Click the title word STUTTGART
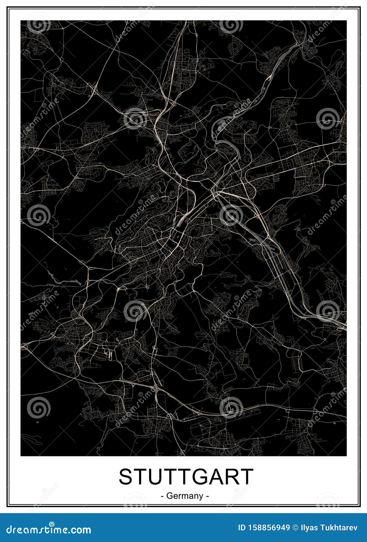pos(186,477)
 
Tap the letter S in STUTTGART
pos(126,477)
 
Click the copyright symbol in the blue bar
pos(296,527)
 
